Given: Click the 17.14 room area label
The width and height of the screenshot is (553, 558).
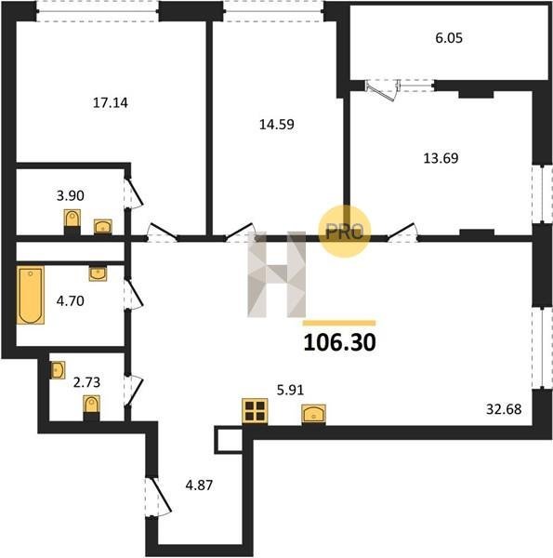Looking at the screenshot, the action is [111, 103].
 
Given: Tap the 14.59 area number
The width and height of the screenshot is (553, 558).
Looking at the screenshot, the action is [277, 125].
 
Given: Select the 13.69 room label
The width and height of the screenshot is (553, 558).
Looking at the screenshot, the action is [441, 158].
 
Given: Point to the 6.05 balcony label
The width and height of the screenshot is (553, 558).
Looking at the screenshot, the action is [449, 38].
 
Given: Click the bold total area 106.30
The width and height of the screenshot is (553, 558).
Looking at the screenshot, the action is [339, 342].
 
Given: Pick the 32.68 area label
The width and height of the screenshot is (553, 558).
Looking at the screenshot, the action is [504, 409].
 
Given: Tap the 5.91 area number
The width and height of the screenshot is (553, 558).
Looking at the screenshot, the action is [291, 390].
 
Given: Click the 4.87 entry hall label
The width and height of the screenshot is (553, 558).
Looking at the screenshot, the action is [199, 485].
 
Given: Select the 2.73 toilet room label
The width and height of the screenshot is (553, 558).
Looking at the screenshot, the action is [86, 382].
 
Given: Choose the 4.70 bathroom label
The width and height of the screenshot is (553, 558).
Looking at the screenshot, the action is [71, 301].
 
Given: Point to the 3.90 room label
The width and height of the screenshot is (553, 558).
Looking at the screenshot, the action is [71, 195].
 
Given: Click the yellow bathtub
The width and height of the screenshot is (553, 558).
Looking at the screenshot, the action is [31, 295].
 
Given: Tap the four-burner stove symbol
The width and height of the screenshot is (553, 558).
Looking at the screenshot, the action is [255, 411].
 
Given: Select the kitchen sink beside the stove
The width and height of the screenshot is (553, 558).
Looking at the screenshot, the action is [313, 414].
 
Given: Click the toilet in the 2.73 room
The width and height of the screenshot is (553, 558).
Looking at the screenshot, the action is [91, 405].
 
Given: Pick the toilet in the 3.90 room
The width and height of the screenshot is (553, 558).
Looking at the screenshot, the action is [72, 219].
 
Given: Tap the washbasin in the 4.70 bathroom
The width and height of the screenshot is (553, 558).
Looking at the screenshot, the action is [98, 273].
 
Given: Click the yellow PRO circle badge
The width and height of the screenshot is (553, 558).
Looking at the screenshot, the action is [344, 232].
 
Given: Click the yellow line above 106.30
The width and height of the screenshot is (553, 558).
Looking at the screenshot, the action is [339, 323].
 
